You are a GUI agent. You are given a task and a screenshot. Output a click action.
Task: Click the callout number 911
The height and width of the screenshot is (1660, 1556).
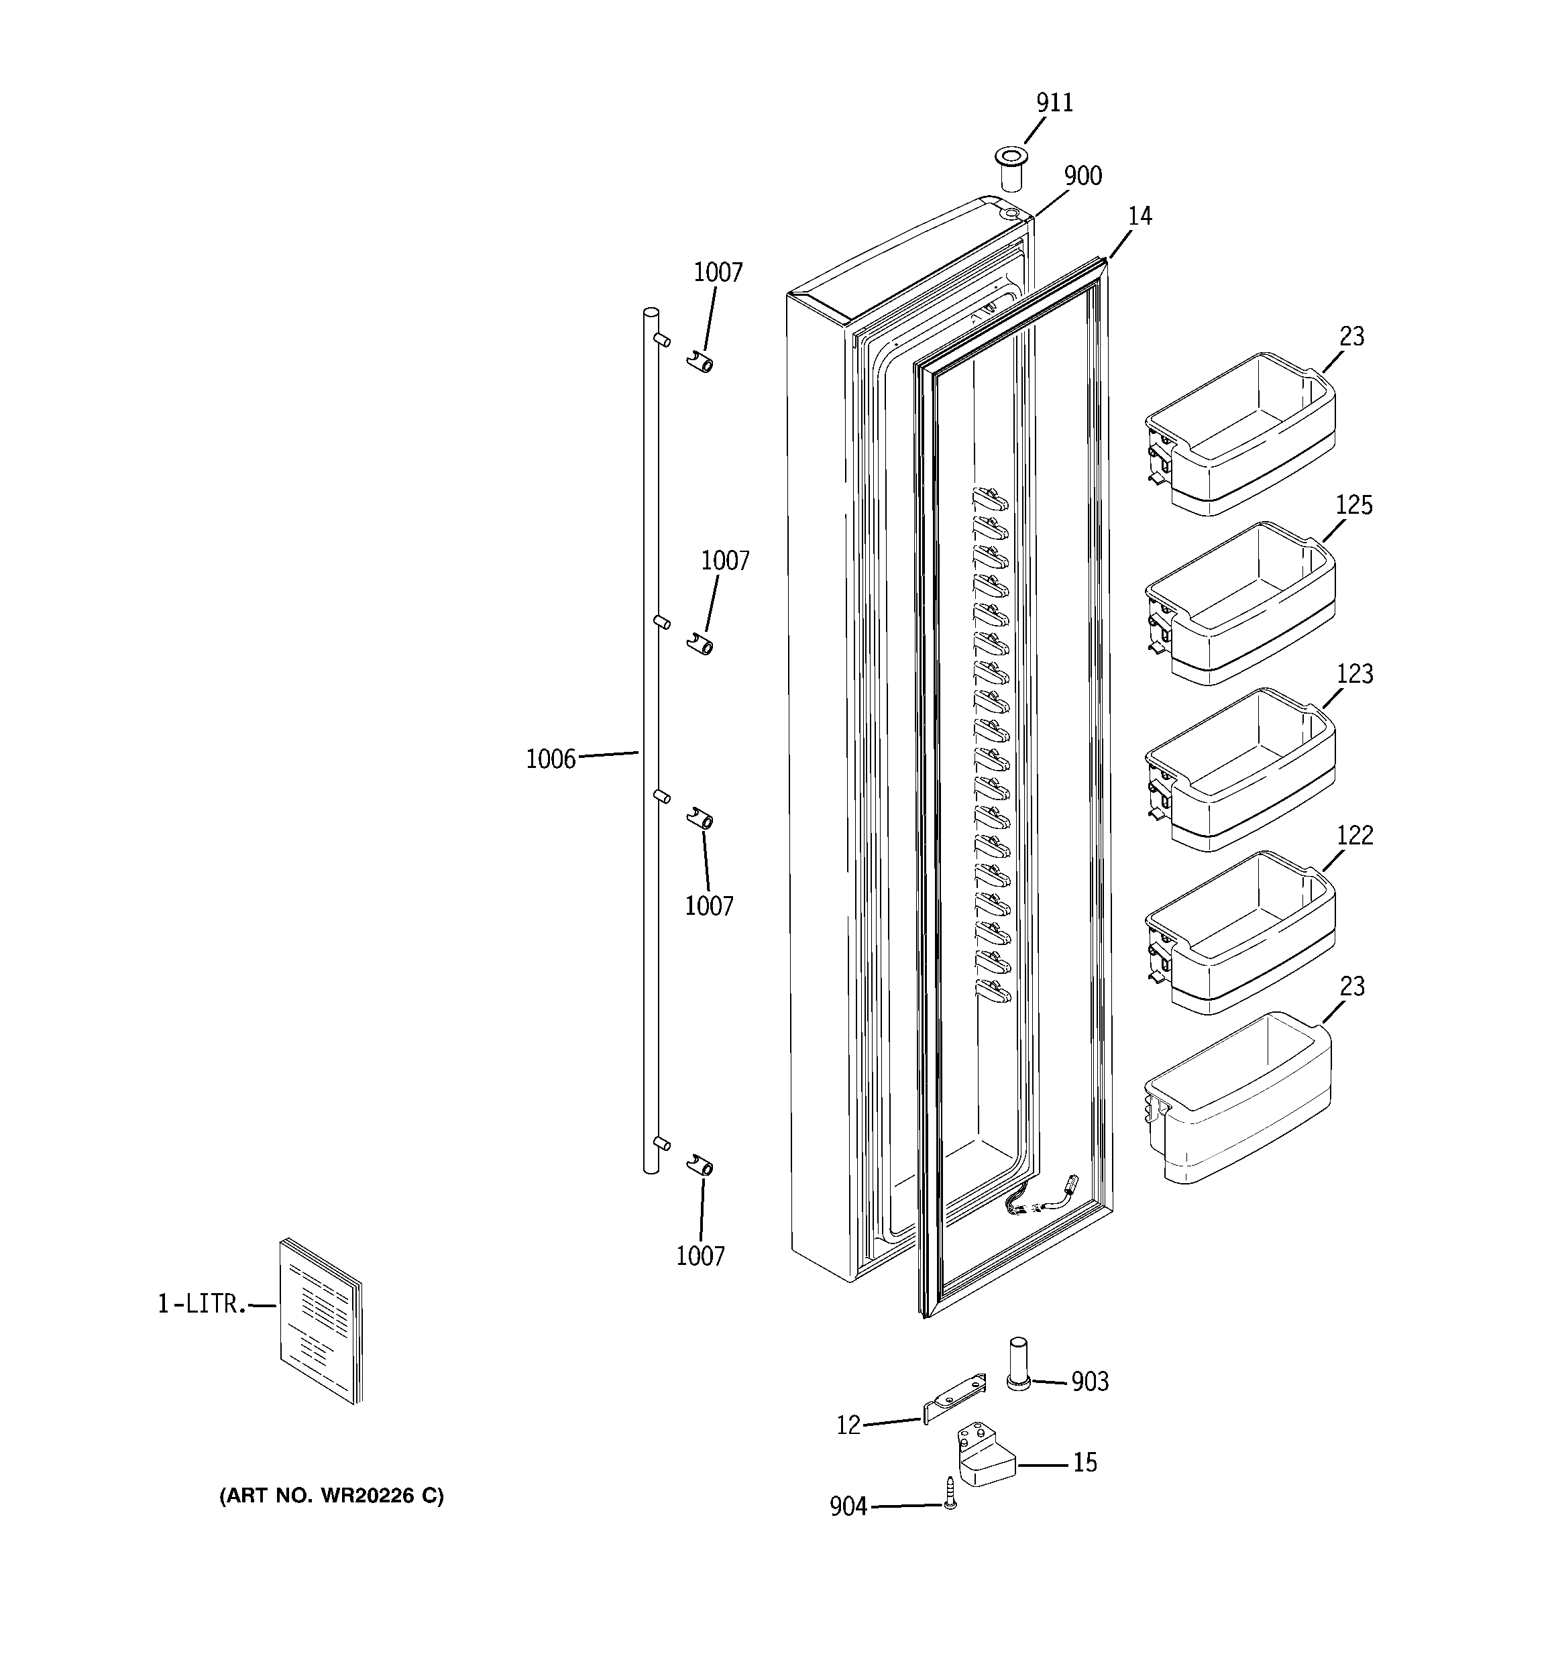(1054, 103)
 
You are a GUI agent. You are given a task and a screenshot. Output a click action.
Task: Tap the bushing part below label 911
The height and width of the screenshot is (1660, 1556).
(1011, 168)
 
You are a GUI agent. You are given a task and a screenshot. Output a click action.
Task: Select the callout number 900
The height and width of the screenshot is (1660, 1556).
(1082, 176)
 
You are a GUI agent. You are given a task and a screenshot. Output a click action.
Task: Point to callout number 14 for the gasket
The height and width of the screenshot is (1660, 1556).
(1140, 216)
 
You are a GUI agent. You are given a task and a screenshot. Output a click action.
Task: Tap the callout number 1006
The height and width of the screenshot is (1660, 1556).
(551, 759)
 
